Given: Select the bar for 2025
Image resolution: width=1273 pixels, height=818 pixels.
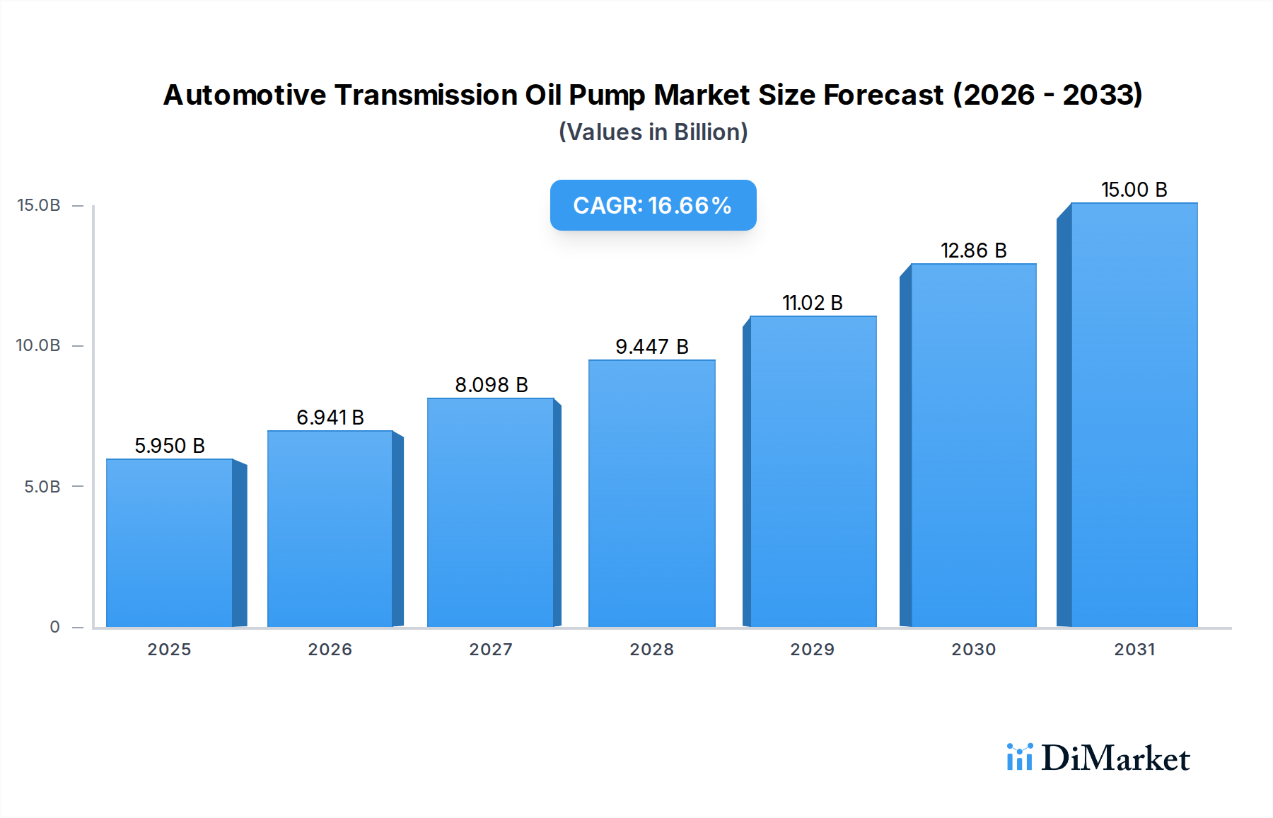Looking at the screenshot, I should click(x=170, y=543).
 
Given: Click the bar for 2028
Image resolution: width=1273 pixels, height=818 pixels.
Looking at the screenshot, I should click(x=651, y=493).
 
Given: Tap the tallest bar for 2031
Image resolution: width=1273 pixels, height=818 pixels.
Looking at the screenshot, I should click(x=1134, y=415).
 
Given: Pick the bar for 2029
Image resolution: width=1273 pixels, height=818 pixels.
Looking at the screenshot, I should click(x=813, y=471).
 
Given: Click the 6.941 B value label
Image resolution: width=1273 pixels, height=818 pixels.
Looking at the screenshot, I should click(x=330, y=417).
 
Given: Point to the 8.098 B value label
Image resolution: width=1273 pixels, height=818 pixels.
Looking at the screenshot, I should click(x=491, y=385).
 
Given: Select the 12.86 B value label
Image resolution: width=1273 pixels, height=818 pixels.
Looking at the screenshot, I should click(x=973, y=250).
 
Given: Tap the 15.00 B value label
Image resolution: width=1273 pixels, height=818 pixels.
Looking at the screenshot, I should click(x=1134, y=190).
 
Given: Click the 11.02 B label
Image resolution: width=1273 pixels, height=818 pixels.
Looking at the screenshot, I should click(x=812, y=303).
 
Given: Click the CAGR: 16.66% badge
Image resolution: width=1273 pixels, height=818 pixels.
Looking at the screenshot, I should click(x=653, y=205).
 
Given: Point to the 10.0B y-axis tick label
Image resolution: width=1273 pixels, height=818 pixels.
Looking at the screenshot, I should click(x=38, y=345).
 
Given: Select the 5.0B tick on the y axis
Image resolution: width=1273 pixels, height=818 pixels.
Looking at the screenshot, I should click(x=42, y=487).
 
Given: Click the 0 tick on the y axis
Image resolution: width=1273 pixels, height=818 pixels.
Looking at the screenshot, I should click(x=54, y=627).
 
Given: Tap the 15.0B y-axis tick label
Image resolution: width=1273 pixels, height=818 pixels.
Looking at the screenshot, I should click(x=38, y=205).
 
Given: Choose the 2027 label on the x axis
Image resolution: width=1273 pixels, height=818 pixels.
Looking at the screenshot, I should click(x=491, y=650).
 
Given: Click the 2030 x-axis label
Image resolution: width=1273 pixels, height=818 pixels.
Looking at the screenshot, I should click(x=973, y=650).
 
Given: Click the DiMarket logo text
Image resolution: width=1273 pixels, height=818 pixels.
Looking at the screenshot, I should click(x=1115, y=759).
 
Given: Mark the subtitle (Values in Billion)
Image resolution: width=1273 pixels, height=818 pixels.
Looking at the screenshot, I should click(x=653, y=132).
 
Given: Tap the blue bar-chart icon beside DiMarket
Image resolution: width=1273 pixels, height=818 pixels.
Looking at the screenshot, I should click(x=1019, y=757).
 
